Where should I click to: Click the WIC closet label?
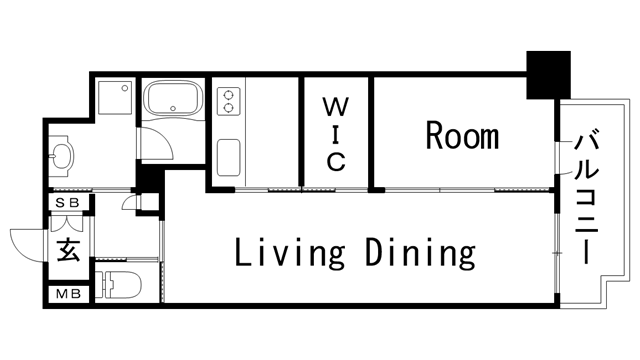click(336, 134)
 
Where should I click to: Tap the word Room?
click(462, 135)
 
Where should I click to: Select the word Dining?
click(420, 254)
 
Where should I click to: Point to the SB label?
click(67, 203)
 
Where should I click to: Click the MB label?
click(68, 294)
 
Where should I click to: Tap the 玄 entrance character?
click(68, 249)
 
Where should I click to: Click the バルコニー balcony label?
click(587, 197)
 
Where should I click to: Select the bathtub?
click(175, 99)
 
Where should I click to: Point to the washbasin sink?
click(61, 156)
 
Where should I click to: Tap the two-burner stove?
click(229, 101)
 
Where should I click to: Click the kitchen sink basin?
click(229, 158)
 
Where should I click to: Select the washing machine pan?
click(116, 97)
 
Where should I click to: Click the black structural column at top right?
click(548, 75)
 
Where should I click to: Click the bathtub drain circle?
click(173, 109)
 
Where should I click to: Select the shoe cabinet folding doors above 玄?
click(66, 223)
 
